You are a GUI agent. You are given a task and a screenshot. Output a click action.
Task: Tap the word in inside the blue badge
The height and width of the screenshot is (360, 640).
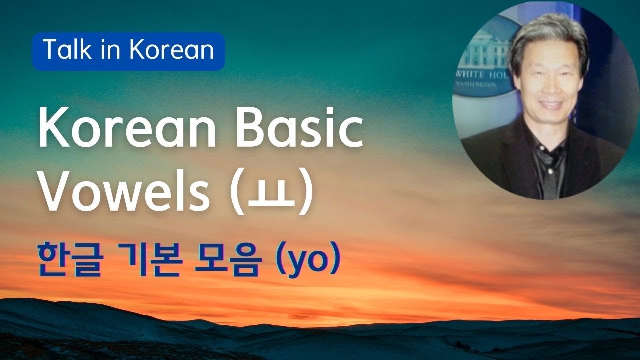point(116,51)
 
